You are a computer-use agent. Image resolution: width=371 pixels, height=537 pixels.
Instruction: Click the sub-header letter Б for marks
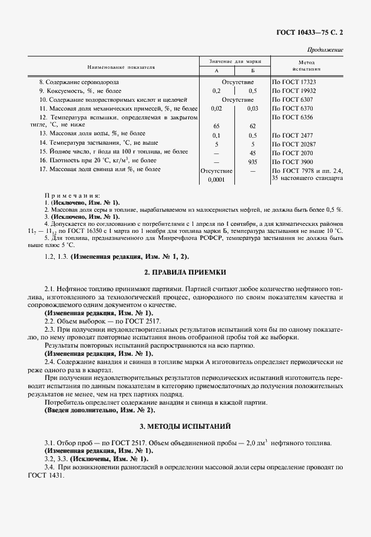252,71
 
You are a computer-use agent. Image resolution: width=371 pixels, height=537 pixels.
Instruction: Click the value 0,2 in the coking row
216,91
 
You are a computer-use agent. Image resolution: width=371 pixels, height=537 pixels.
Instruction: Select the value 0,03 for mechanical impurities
253,109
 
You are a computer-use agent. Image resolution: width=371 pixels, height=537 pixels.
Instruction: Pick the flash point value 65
216,126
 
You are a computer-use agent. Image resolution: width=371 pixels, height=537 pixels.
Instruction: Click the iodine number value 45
253,152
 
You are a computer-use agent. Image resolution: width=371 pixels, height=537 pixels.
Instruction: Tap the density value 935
253,161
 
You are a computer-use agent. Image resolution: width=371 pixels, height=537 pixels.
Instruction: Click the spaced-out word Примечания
73,195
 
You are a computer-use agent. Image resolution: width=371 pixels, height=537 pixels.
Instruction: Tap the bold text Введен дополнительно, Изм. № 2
100,409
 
